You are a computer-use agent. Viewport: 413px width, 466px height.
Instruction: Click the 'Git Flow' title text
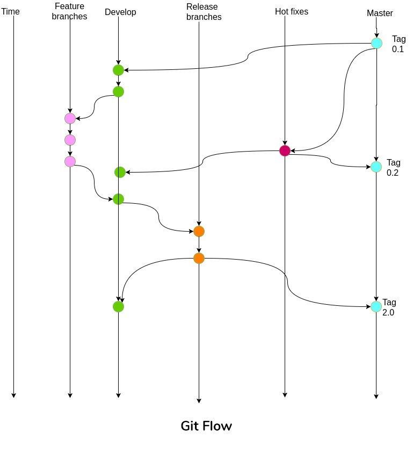pos(206,426)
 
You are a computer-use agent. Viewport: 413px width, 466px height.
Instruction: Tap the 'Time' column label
pos(11,11)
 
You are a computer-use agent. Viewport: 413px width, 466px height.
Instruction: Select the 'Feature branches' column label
pos(70,11)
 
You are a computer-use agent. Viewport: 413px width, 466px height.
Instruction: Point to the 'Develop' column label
pos(120,12)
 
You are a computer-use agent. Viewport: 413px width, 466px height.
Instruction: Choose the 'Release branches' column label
pos(204,12)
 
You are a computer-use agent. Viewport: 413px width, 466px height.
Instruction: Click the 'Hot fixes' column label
pos(292,11)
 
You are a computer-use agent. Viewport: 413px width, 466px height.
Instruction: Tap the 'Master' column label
pos(380,13)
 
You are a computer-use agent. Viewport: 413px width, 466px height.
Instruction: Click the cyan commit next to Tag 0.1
pos(377,44)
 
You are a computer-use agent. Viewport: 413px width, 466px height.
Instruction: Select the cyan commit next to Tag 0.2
pos(376,167)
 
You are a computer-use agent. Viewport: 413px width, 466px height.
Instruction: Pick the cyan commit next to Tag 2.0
pos(376,306)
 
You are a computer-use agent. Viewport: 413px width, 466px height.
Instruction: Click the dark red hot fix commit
pos(285,151)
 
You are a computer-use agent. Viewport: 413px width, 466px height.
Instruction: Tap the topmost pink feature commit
pos(70,119)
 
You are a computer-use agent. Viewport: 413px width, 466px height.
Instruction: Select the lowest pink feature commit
pos(70,162)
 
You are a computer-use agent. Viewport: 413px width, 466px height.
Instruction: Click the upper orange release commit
pos(199,232)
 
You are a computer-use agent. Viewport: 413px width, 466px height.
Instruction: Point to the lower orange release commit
pos(199,259)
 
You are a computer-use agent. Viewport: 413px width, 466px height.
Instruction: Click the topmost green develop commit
pos(119,70)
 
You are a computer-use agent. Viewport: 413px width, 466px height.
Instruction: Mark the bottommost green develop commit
pos(119,307)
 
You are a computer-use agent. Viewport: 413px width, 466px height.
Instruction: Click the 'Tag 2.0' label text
pos(389,307)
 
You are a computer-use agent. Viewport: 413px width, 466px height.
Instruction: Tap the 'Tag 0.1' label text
pos(398,44)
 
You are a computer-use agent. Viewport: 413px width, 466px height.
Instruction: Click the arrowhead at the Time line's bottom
pos(14,395)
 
